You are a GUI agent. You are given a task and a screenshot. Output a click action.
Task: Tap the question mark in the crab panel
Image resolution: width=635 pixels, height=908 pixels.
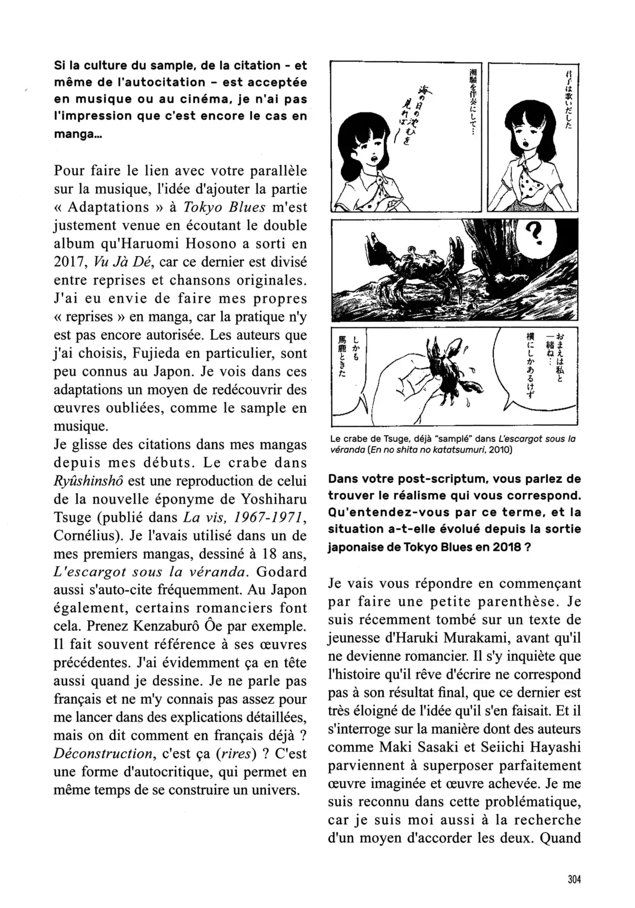(x=535, y=233)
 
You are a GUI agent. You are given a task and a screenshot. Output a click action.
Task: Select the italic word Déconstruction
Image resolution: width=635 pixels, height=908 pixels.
(x=95, y=753)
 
